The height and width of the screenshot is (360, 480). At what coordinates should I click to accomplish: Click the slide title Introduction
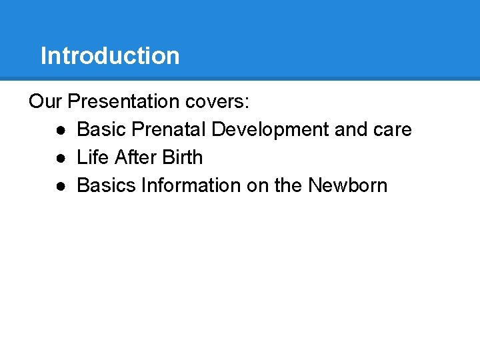(110, 56)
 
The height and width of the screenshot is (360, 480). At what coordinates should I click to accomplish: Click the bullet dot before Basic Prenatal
(61, 130)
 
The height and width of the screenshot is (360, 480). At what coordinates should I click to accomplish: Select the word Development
(270, 129)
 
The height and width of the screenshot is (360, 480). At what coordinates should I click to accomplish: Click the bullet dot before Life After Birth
(61, 158)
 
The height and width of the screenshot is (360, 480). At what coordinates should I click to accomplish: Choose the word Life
(93, 157)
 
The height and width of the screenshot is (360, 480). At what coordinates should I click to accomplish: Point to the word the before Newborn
(288, 185)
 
